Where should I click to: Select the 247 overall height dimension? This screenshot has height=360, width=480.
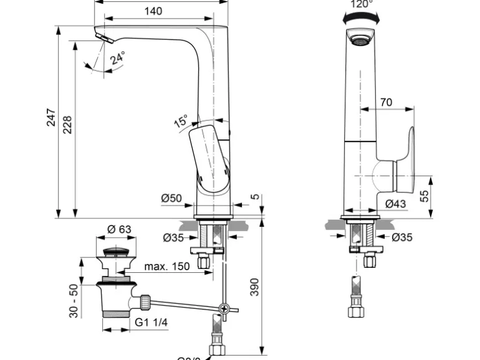pyautogui.click(x=51, y=118)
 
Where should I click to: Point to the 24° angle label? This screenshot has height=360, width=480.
pyautogui.click(x=118, y=59)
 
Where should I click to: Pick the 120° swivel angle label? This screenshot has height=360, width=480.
pyautogui.click(x=361, y=4)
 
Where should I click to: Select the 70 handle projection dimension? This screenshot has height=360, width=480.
pyautogui.click(x=386, y=102)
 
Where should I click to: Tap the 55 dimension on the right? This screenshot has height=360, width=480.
pyautogui.click(x=425, y=196)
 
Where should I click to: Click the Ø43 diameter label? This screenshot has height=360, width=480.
pyautogui.click(x=395, y=204)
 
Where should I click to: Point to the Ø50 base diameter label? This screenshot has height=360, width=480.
pyautogui.click(x=171, y=199)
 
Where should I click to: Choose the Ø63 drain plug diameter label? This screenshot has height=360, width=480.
pyautogui.click(x=119, y=229)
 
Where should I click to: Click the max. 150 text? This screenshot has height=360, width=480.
pyautogui.click(x=167, y=267)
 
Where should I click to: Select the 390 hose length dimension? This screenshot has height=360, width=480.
pyautogui.click(x=254, y=287)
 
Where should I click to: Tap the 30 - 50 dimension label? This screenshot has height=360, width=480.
pyautogui.click(x=73, y=301)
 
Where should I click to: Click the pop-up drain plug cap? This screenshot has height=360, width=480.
pyautogui.click(x=117, y=252)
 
